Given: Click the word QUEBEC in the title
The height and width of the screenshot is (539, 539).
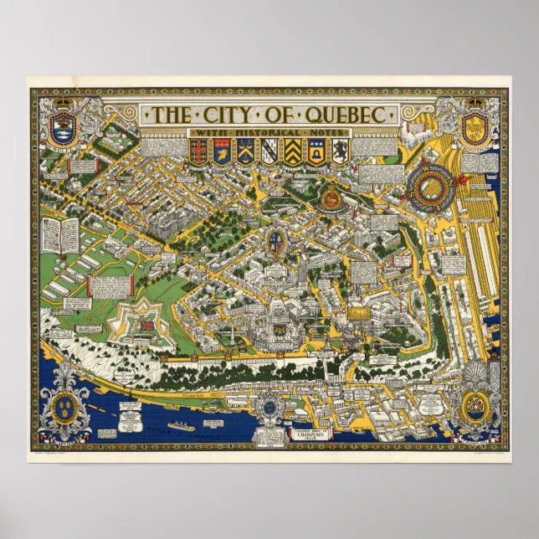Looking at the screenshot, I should (343, 115).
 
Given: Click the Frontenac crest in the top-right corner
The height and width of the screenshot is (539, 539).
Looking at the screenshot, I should (474, 126).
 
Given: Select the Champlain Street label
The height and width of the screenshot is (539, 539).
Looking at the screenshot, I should (194, 392).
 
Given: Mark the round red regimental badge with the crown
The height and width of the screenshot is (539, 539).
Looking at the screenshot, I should (326, 197).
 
